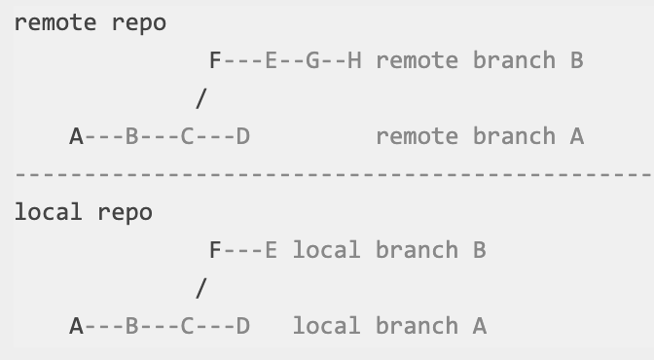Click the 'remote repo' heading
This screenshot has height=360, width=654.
click(90, 23)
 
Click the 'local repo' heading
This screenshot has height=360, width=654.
click(83, 212)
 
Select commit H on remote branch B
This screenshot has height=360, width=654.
click(354, 60)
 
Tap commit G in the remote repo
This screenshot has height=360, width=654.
click(312, 60)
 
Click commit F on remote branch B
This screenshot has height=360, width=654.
click(215, 60)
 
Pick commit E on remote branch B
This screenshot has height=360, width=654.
click(271, 60)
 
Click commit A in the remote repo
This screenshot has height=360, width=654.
click(76, 136)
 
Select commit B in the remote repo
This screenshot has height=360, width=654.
click(131, 136)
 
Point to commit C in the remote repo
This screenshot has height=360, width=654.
click(188, 136)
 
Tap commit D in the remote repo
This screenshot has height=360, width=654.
click(243, 136)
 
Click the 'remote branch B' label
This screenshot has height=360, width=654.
click(479, 60)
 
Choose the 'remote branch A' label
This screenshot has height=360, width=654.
click(479, 136)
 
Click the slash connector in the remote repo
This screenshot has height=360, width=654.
click(201, 98)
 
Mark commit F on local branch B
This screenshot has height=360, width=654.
click(215, 250)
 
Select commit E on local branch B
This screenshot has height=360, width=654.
click(271, 250)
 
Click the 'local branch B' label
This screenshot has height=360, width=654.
click(388, 250)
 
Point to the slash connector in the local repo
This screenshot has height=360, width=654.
click(201, 288)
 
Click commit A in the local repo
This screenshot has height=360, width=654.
click(76, 326)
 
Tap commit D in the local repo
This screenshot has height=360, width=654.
click(243, 326)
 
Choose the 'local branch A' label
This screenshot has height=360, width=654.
click(388, 326)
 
